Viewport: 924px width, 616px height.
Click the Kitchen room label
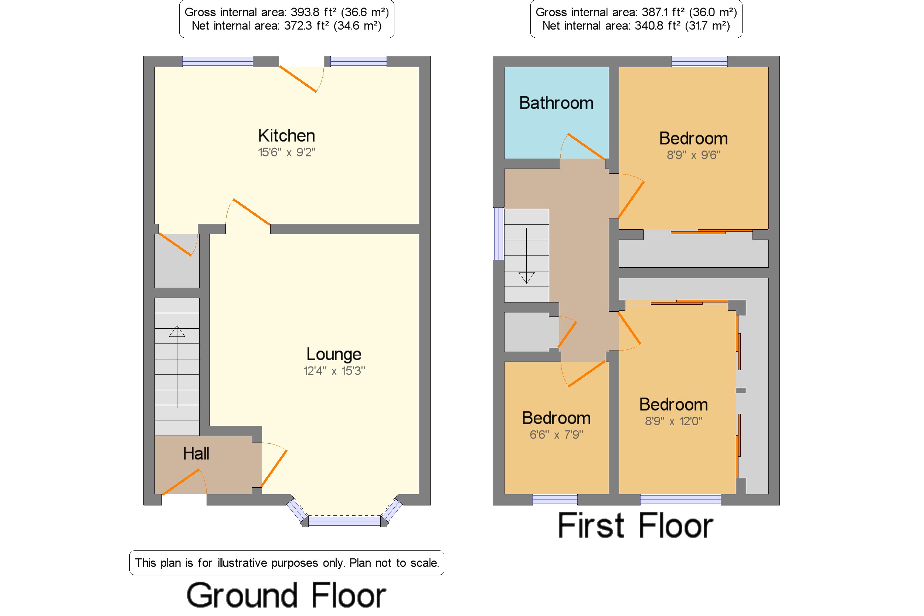[x=286, y=136]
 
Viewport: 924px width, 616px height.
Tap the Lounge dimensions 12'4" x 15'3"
[x=334, y=370]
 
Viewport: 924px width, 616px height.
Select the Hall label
[x=196, y=453]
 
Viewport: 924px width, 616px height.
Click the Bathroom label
[x=556, y=103]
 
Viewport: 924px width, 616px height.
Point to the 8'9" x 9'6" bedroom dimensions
[x=693, y=155]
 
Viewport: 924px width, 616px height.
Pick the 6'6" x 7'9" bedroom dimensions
[x=556, y=434]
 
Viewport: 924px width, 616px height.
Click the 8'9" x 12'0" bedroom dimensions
[x=673, y=421]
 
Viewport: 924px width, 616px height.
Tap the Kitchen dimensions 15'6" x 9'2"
[x=286, y=152]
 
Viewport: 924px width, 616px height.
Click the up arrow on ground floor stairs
[x=177, y=366]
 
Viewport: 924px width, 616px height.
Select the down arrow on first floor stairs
[x=526, y=255]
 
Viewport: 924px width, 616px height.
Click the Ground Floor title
[x=286, y=595]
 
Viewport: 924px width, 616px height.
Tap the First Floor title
[x=635, y=525]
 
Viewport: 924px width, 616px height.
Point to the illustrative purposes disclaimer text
[x=287, y=563]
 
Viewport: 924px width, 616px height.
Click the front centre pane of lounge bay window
[x=344, y=521]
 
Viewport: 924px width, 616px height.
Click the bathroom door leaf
[x=586, y=146]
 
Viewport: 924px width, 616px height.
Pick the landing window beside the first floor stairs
[x=498, y=234]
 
